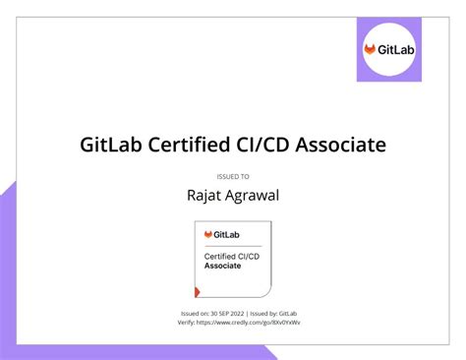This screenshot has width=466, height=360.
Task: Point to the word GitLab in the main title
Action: point(114,145)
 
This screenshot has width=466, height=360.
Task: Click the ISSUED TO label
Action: point(233,176)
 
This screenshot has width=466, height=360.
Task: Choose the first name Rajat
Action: point(204,195)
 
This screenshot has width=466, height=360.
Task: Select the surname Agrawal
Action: point(253,195)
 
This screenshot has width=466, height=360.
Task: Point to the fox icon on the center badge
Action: point(208,234)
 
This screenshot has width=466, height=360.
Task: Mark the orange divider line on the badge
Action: point(232,245)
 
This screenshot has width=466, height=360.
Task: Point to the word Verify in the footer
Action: point(174,322)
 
